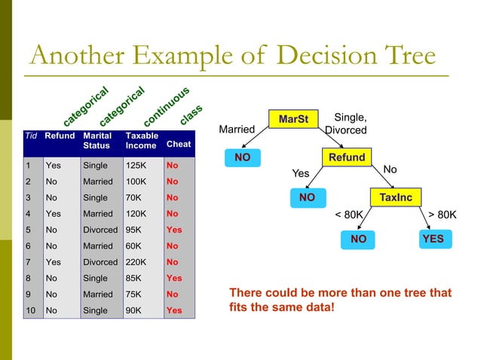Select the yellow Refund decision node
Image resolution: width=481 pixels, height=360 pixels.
(346, 157)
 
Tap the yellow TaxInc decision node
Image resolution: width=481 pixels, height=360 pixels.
(394, 197)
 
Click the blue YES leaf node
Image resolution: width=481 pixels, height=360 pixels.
(433, 239)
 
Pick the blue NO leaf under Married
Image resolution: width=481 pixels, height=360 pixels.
(242, 158)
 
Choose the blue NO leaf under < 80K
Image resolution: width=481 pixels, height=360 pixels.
(358, 239)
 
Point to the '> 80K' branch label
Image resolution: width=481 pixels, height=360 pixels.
(442, 215)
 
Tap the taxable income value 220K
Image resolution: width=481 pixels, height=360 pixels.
(136, 262)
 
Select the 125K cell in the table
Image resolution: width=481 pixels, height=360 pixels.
(136, 166)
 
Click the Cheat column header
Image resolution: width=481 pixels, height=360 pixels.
(179, 143)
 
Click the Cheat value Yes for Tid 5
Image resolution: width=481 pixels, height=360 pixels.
(173, 230)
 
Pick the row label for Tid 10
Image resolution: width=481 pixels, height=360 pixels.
(30, 310)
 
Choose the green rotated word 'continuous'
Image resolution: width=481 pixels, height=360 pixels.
(166, 107)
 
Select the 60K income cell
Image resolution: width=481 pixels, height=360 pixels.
(133, 246)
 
